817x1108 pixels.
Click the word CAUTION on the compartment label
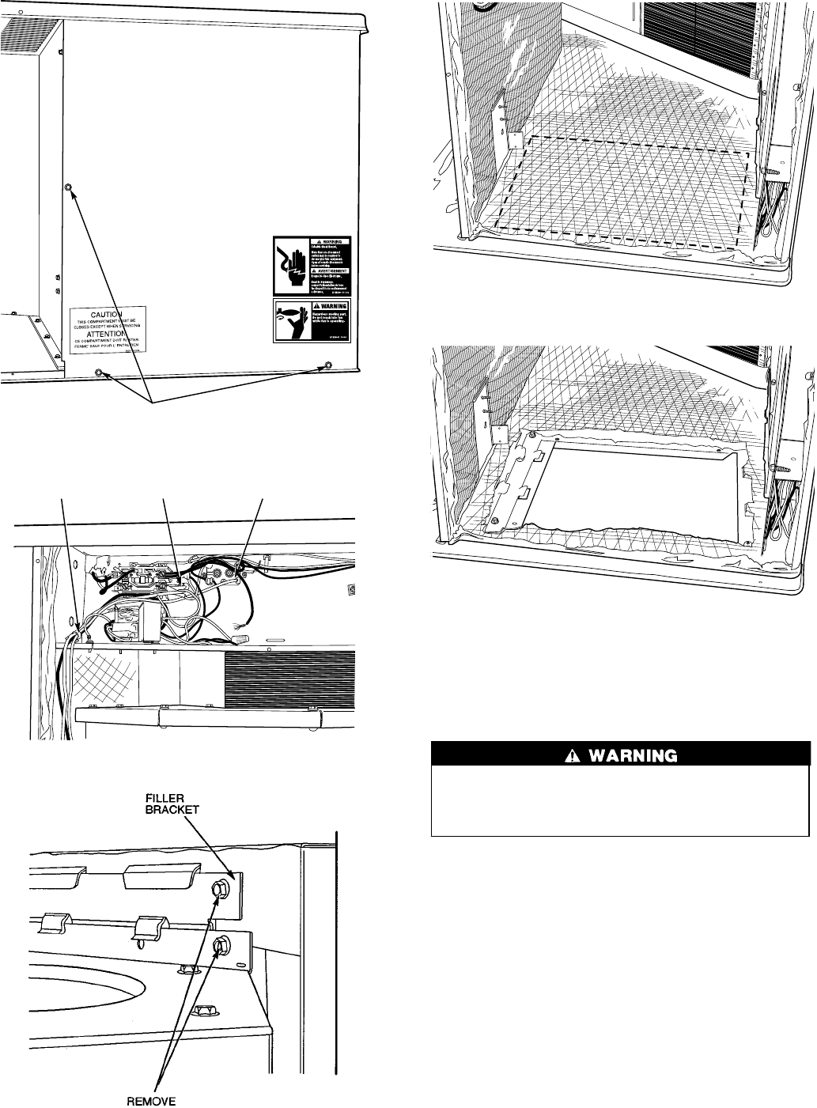(x=108, y=315)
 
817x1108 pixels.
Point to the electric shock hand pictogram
(x=292, y=263)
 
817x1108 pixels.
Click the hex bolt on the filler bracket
(x=219, y=888)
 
